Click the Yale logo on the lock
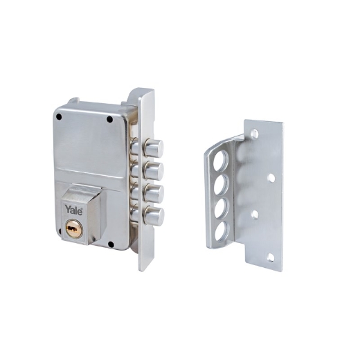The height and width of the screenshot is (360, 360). (x=73, y=210)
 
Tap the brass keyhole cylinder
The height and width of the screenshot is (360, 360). (x=74, y=228)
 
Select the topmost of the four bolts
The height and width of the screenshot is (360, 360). (x=154, y=148)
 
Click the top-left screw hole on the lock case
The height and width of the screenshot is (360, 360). (x=60, y=117)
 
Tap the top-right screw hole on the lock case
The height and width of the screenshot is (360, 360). (x=110, y=120)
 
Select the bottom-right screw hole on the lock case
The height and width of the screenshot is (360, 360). (x=111, y=244)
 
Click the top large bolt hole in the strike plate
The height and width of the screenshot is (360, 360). (x=220, y=161)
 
